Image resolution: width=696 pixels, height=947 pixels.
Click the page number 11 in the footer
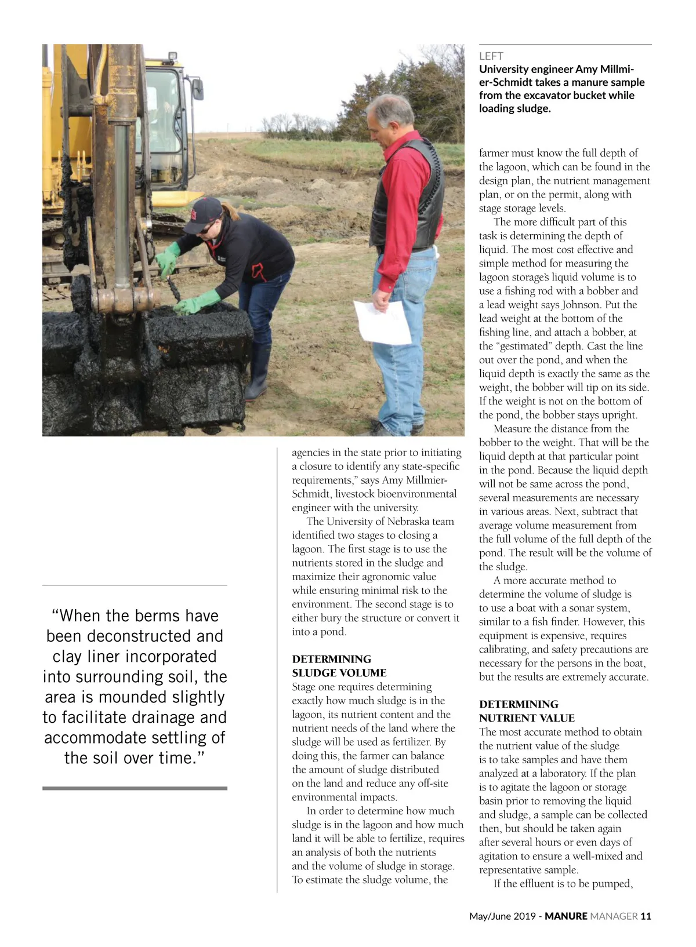tap(646, 916)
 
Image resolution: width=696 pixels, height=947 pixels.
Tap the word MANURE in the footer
tap(565, 916)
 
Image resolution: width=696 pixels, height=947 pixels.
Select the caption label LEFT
tap(491, 56)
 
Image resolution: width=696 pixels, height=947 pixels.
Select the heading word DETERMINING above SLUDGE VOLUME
tap(331, 659)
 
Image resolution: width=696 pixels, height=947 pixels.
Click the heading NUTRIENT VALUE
tap(527, 718)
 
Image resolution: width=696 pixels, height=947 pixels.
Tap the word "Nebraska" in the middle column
tap(410, 522)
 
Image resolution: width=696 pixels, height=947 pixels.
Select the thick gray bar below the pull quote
tap(135, 788)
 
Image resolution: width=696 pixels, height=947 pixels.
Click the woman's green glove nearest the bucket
tap(196, 303)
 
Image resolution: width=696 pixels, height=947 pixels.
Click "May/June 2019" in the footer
tap(502, 916)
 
